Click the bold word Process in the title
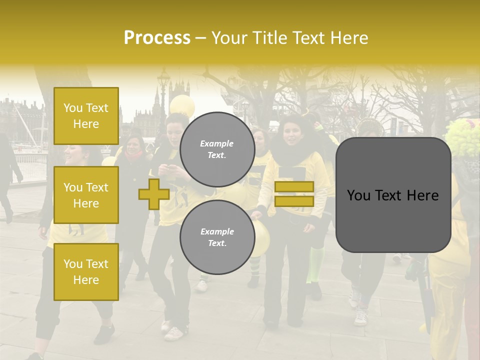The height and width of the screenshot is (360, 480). coord(157,38)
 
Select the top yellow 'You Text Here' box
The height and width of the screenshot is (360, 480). coord(86,116)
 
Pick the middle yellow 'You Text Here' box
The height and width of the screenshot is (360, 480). coord(86,195)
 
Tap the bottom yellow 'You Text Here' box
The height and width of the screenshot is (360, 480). coord(86,271)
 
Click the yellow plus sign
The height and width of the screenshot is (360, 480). coord(153,194)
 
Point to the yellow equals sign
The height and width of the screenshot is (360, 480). coord(294,194)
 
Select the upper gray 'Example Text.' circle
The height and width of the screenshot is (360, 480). coord(217,149)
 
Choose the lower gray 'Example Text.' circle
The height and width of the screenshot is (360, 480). coord(217,237)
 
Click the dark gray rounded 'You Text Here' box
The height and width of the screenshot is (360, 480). coord(393,195)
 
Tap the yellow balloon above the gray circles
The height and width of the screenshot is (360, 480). coord(182,104)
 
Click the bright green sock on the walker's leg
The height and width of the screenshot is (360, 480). coord(315,265)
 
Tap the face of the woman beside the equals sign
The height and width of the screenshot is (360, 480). coord(291,132)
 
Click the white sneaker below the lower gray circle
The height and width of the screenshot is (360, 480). coord(174,332)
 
